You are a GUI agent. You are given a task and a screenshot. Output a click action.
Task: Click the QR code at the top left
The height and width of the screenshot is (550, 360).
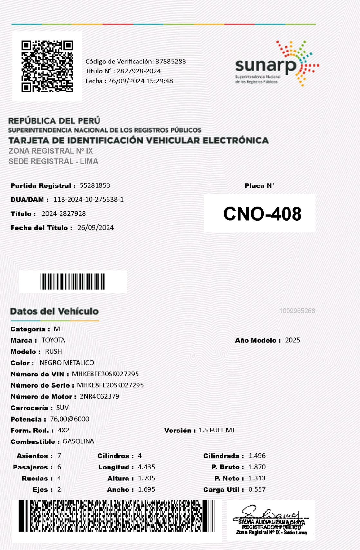47,66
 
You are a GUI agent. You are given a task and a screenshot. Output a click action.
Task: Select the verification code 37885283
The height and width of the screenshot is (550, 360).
171,62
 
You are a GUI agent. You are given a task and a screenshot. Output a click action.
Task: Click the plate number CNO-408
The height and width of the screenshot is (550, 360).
262,214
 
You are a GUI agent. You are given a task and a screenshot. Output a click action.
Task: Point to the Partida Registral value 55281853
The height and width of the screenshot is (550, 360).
95,185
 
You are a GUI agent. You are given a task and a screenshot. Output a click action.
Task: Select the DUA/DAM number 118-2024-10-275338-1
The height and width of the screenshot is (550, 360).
89,200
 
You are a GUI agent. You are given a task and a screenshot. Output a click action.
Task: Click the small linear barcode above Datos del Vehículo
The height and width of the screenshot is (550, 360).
73,282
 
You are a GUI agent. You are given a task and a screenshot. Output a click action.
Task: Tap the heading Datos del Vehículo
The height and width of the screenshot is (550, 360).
54,311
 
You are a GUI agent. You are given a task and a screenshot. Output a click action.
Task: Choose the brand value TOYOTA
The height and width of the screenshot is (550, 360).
53,340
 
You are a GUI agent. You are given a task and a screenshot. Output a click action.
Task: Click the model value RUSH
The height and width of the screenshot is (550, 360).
53,352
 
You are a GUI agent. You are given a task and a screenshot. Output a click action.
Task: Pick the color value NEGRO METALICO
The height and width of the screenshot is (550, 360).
67,363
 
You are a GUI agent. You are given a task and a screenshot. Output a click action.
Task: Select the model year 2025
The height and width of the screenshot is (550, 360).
292,340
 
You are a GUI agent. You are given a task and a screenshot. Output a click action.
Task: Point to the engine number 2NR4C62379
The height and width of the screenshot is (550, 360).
99,396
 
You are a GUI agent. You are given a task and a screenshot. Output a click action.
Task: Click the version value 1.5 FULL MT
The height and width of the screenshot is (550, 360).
217,430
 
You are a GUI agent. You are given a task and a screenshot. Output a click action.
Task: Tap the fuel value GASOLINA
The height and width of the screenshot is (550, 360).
79,441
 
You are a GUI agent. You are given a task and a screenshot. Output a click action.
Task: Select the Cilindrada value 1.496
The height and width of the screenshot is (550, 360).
257,456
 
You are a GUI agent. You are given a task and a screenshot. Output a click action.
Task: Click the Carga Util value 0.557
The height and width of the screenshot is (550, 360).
257,489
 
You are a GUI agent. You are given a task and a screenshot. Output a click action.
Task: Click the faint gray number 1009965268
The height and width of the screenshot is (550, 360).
297,311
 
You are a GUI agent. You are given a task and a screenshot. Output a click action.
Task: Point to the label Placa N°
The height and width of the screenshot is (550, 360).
260,186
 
